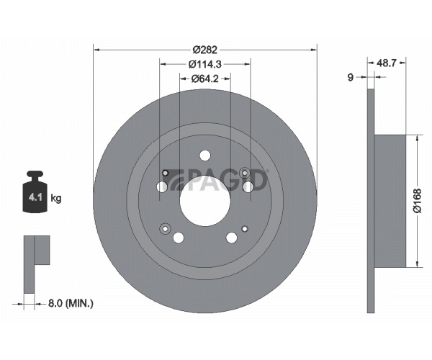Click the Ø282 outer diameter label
205,50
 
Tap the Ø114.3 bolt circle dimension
205,64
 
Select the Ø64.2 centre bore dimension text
204,78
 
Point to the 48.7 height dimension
386,63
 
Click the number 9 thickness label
351,77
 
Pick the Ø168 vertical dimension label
418,201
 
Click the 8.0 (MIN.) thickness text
71,303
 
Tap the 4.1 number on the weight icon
35,197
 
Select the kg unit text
56,198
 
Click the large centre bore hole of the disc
205,200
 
